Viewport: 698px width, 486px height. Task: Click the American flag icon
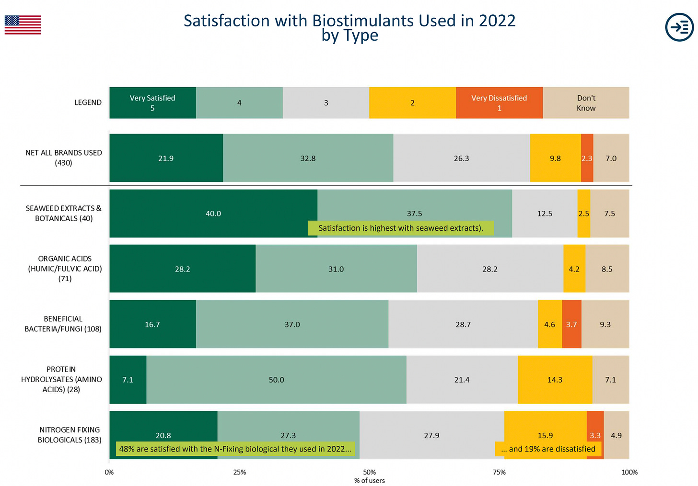(23, 25)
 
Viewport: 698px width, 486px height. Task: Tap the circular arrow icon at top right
(679, 27)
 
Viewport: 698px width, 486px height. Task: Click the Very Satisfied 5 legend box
(152, 102)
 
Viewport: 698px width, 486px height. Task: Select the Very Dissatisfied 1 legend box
(499, 102)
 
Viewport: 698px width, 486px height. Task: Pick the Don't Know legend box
(586, 102)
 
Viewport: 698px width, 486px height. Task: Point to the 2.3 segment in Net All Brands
(587, 158)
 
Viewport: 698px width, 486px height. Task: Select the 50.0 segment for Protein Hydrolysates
(276, 380)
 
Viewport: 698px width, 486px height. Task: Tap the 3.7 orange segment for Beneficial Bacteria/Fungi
(571, 324)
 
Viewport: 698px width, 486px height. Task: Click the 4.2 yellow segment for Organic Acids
(574, 269)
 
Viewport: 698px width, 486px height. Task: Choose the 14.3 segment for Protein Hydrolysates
(555, 380)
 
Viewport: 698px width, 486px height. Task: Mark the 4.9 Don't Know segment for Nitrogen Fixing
(616, 435)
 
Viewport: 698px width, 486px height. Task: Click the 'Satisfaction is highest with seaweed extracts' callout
(401, 228)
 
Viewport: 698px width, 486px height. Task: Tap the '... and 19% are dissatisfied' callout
(548, 449)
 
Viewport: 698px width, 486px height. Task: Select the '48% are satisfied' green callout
(235, 449)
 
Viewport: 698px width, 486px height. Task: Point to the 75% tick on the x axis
(499, 472)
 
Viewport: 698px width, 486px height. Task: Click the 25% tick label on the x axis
(240, 472)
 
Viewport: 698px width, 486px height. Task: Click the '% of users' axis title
(369, 480)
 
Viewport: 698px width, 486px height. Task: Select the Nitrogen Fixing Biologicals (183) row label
(70, 435)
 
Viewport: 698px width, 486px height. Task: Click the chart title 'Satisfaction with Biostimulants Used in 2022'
(349, 21)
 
